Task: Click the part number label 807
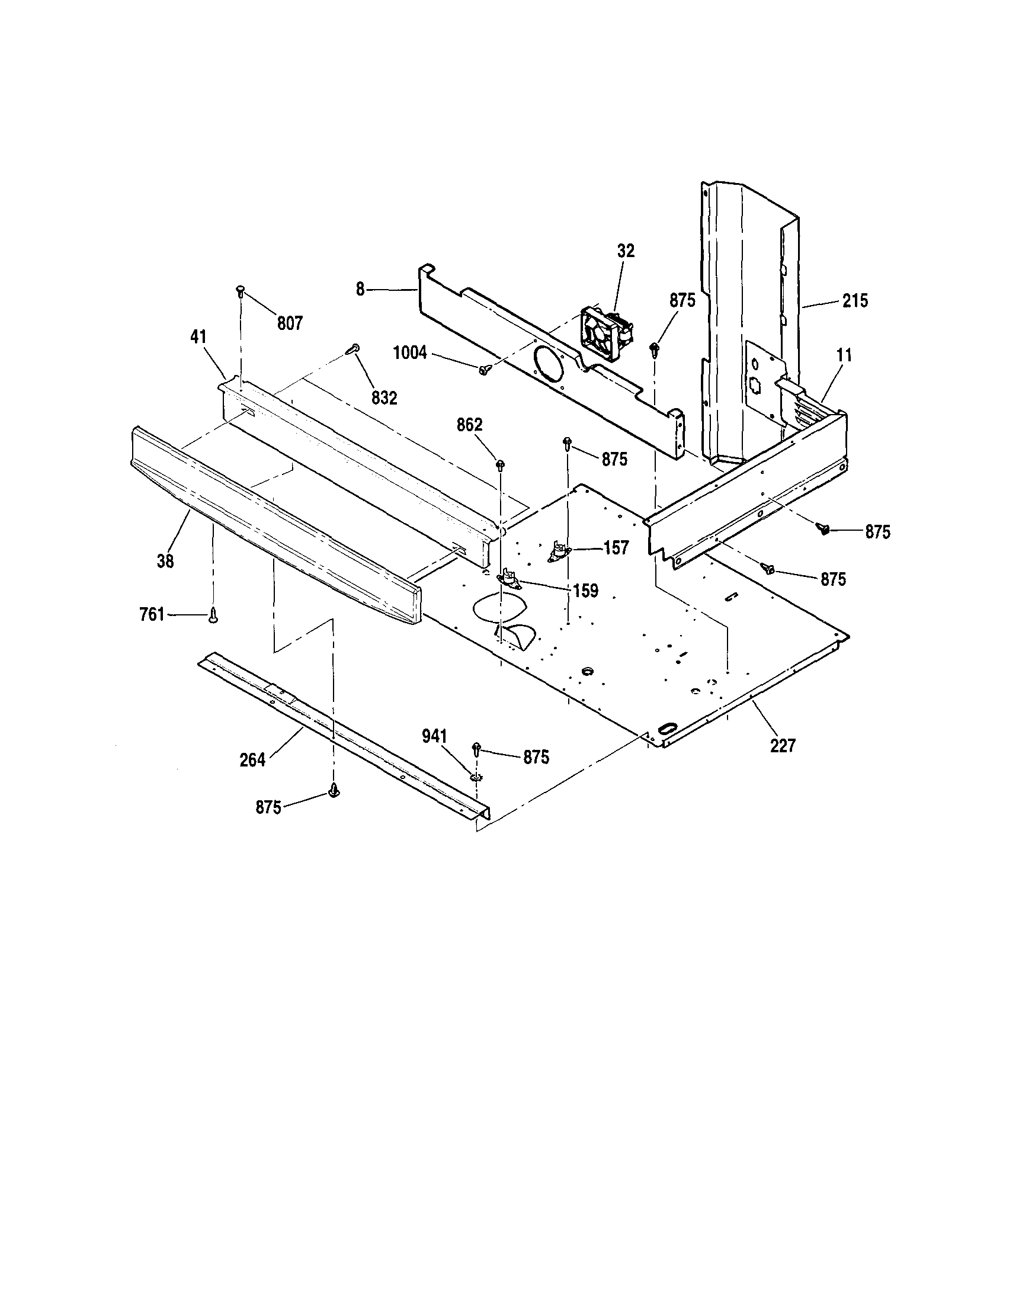[x=289, y=323]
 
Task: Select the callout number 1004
[x=409, y=353]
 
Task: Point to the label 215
[x=854, y=300]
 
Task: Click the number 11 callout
[x=844, y=355]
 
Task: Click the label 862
[x=469, y=425]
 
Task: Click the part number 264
[x=252, y=760]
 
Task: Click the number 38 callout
[x=165, y=560]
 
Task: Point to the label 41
[x=198, y=337]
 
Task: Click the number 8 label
[x=360, y=290]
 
